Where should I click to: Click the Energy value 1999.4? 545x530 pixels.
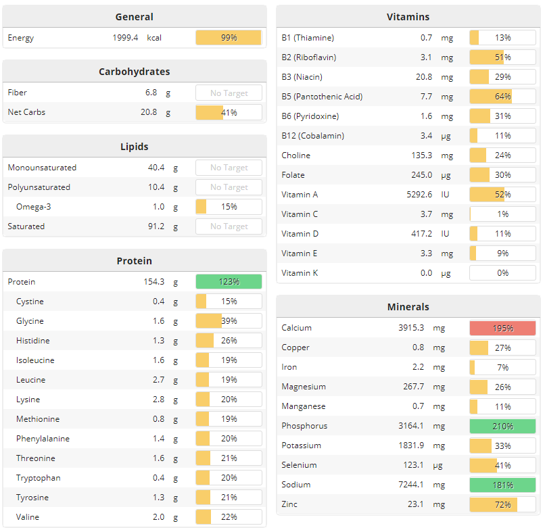point(125,38)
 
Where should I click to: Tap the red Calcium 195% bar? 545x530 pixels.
point(502,329)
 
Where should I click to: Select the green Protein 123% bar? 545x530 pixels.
point(229,282)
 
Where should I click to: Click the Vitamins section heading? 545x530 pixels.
point(408,17)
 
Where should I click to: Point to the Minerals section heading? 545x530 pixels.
point(408,307)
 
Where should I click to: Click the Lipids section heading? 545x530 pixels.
point(134,147)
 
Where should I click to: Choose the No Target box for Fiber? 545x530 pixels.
point(229,93)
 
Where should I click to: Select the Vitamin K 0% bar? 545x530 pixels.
point(502,273)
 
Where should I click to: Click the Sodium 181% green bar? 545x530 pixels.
point(502,485)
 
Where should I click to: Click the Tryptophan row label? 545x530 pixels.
point(39,478)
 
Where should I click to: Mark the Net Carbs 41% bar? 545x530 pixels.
point(229,112)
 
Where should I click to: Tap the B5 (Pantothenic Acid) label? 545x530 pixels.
point(322,97)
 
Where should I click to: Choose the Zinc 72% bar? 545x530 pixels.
point(502,505)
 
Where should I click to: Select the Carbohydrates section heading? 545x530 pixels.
point(134,72)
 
